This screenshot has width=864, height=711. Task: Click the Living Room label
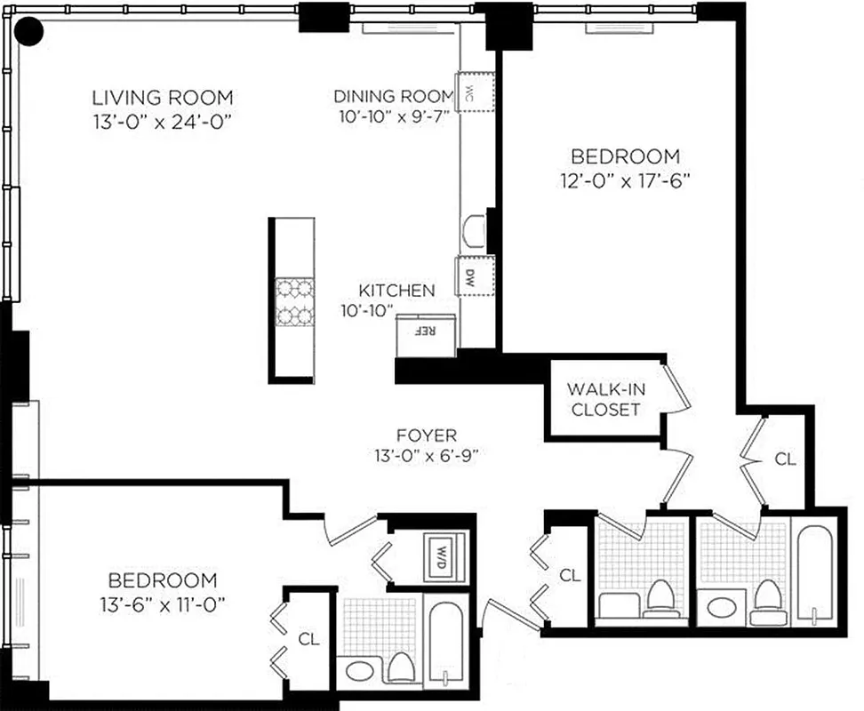tap(164, 97)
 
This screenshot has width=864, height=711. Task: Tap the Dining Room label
tap(394, 96)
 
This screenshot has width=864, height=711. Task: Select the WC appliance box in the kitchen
tap(475, 91)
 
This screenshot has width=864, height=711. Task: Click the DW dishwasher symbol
tap(468, 276)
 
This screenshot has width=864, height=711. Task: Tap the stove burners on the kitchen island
tap(294, 301)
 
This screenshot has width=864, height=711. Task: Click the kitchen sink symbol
tap(475, 229)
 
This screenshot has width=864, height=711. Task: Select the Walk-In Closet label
tap(604, 399)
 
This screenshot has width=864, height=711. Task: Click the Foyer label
tap(427, 435)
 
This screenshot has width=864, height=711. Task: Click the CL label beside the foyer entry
tap(570, 576)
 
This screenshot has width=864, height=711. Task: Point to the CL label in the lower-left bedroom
tap(308, 638)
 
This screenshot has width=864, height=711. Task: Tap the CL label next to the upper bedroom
tap(785, 459)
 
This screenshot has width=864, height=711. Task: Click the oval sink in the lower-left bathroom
tap(362, 669)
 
